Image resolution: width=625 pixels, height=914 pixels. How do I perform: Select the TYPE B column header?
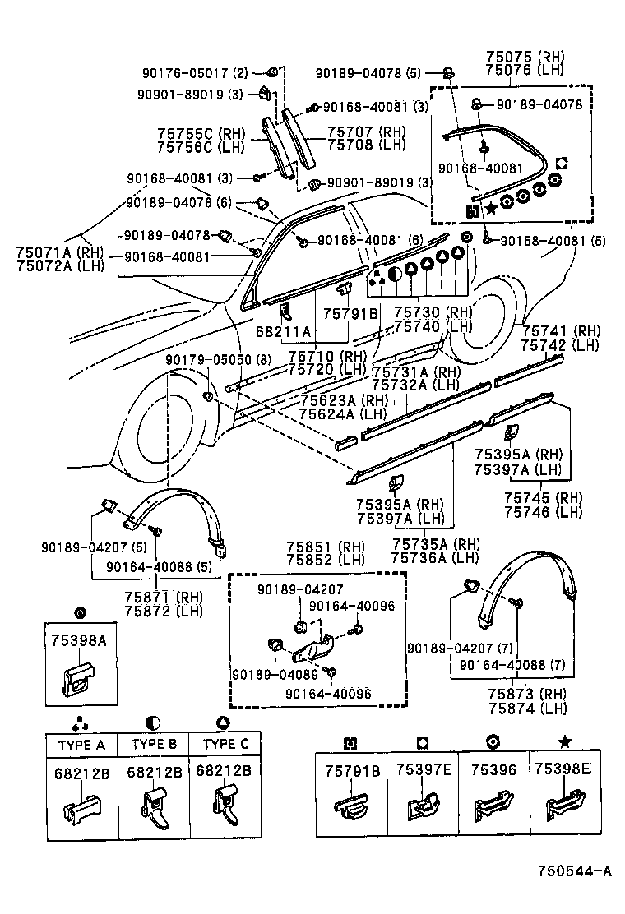[154, 744]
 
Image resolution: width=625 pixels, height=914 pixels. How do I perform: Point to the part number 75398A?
[80, 643]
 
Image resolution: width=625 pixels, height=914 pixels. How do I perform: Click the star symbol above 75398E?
[564, 741]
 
